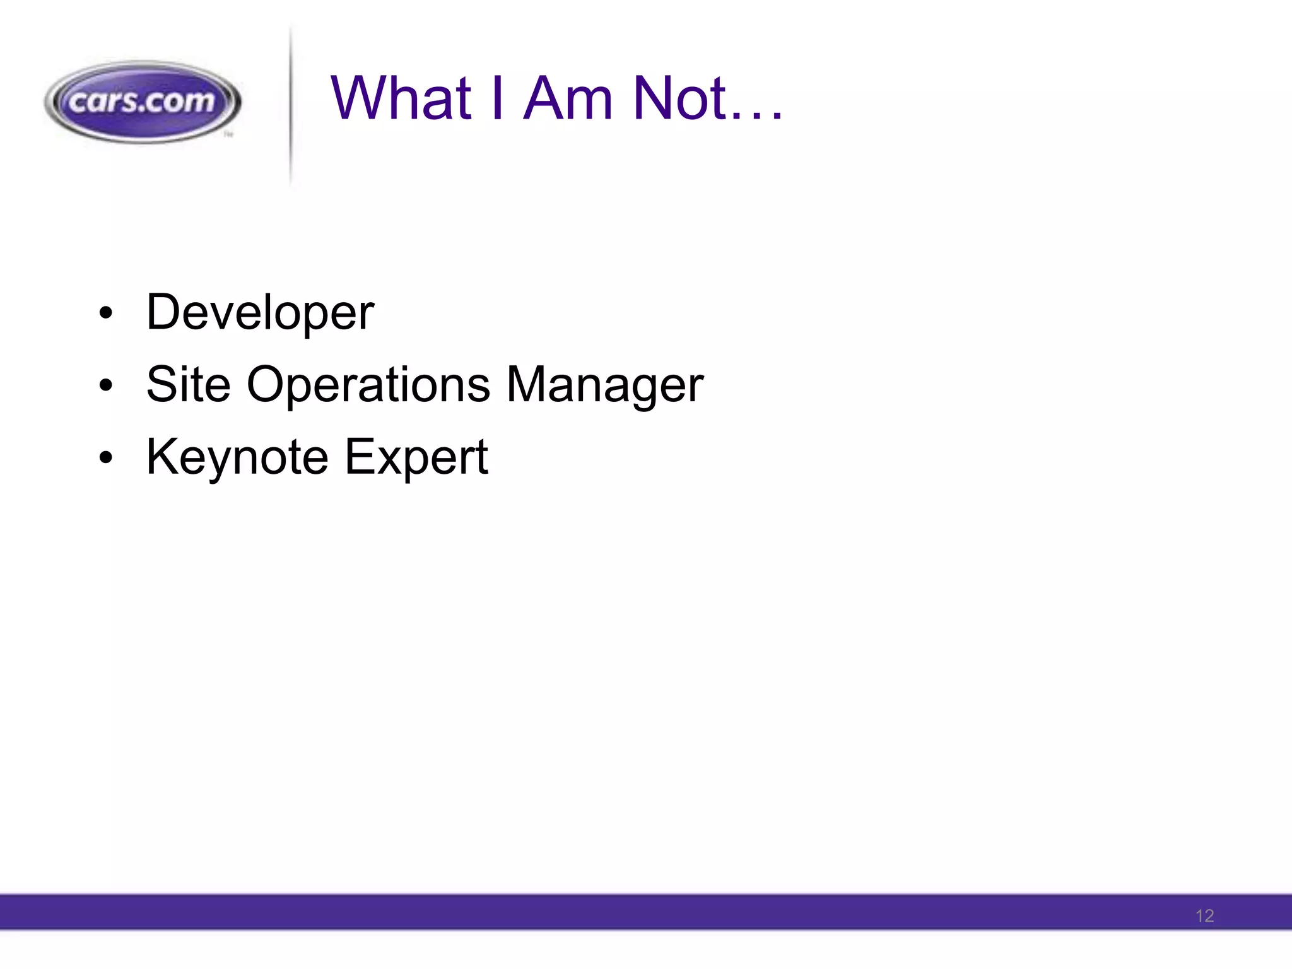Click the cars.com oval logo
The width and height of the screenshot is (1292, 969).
pos(143,102)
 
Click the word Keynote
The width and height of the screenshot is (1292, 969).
pos(237,457)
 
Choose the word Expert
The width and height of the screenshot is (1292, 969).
pos(416,457)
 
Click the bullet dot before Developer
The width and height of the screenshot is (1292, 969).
pos(105,314)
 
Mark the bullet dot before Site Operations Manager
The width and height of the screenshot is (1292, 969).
pos(105,385)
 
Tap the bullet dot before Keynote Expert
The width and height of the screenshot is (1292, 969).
pos(105,458)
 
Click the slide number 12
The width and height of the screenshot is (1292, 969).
pos(1204,916)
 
